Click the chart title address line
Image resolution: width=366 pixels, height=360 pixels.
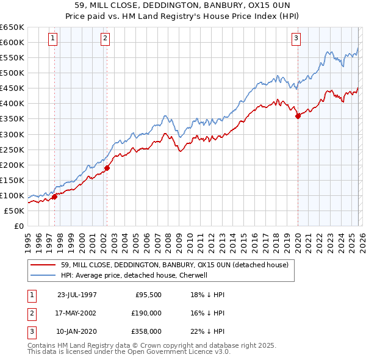tap(183, 4)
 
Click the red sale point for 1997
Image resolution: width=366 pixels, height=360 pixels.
tap(54, 196)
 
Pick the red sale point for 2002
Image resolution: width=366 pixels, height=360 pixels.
tap(107, 168)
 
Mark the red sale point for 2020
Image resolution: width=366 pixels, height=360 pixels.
tap(298, 116)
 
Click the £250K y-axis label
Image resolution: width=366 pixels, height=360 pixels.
tap(12, 149)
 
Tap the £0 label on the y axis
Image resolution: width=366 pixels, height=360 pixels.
tap(18, 226)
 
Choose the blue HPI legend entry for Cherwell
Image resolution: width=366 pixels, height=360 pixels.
tap(134, 275)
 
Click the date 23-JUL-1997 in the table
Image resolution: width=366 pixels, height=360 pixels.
tap(77, 294)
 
